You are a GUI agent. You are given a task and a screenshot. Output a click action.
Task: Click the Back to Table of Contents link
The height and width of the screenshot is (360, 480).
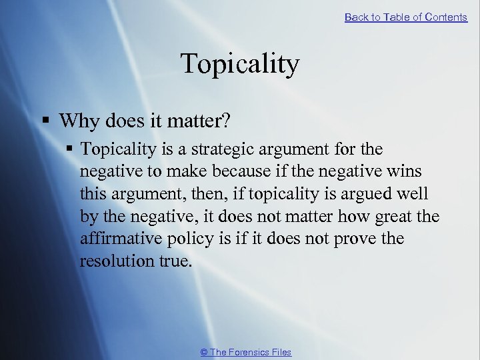click(405, 17)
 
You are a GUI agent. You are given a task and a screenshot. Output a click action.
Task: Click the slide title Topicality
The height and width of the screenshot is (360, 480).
click(240, 65)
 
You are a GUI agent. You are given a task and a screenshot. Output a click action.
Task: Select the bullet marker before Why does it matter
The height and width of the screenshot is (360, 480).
click(46, 121)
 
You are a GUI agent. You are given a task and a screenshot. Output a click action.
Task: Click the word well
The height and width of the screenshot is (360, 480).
click(413, 194)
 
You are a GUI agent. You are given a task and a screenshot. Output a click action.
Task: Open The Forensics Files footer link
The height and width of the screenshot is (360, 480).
click(245, 352)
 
